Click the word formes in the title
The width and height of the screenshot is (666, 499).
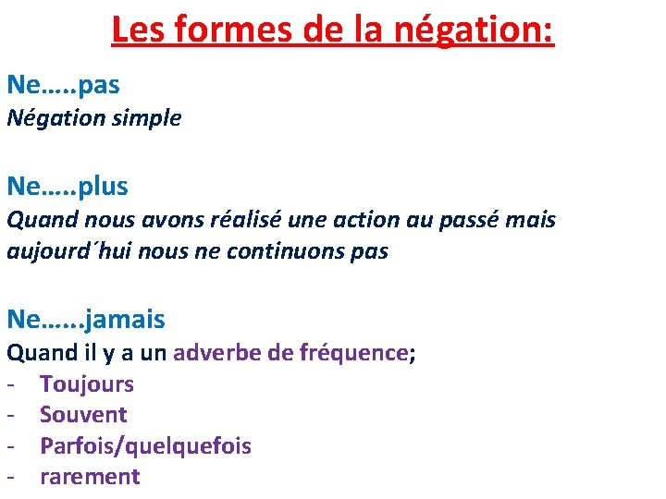[x=213, y=30]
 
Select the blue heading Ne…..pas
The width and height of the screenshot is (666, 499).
[x=63, y=85]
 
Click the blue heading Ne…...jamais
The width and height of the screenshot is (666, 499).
[x=86, y=320]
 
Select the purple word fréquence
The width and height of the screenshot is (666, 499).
[x=354, y=352]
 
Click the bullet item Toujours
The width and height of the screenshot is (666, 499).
[x=87, y=383]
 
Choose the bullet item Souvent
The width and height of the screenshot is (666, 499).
[x=83, y=415]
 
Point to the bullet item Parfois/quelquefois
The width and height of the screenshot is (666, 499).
[x=145, y=446]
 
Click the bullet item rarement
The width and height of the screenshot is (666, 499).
[x=90, y=477]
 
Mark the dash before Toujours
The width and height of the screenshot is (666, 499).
[x=13, y=384]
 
